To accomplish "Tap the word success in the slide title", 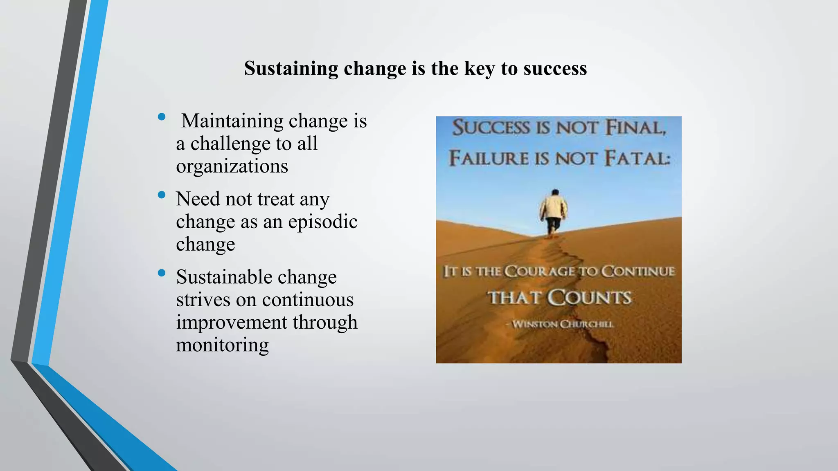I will pos(555,68).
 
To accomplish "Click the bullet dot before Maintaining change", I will pos(162,117).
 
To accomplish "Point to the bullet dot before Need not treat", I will pos(162,195).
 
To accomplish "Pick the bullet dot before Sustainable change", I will pos(162,273).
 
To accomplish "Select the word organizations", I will pos(232,166).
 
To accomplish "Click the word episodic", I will pos(323,222).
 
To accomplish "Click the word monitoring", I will pos(222,345).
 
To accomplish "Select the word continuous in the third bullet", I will pos(308,300).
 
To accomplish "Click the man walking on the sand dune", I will pos(554,213).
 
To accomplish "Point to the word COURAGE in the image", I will pos(539,271).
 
